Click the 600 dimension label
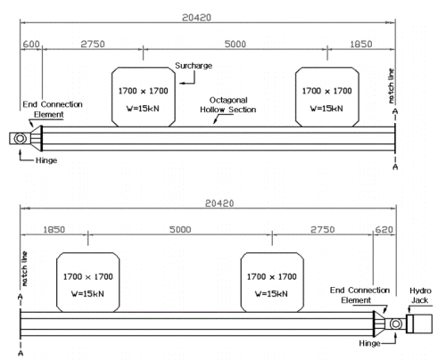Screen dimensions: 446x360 click(31, 44)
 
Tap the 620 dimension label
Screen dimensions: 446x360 click(384, 230)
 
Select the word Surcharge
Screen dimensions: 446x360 click(194, 66)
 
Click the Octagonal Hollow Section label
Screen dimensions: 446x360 click(228, 105)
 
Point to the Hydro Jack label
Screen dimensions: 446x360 click(420, 295)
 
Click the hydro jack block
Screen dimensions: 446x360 click(419, 323)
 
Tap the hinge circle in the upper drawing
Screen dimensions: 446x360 click(21, 138)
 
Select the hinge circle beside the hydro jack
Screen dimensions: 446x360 click(396, 323)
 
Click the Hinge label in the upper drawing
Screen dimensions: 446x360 click(46, 160)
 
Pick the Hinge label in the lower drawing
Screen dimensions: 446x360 click(369, 343)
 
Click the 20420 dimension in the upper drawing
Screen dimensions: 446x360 click(196, 18)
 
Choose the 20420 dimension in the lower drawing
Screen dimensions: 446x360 click(219, 203)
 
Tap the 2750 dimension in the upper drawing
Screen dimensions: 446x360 click(93, 44)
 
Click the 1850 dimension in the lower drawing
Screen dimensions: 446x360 click(54, 230)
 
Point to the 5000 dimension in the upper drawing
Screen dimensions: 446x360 click(235, 44)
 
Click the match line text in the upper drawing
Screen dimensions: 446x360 click(392, 86)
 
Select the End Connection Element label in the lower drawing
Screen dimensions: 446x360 click(359, 295)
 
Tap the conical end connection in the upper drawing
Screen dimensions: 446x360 click(37, 138)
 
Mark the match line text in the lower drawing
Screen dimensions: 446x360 click(24, 269)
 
